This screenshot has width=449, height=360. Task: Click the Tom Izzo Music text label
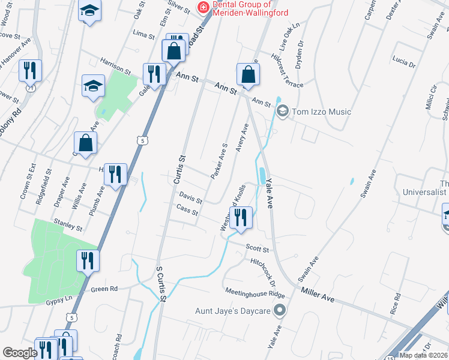click(x=321, y=112)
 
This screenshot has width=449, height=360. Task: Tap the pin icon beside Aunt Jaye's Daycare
click(x=279, y=310)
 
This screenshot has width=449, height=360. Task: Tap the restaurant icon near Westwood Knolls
click(x=241, y=218)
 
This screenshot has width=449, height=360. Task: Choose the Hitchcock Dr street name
click(x=263, y=271)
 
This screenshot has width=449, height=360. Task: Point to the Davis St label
click(x=190, y=197)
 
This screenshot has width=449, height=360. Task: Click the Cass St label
click(x=187, y=210)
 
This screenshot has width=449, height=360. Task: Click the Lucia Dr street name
click(x=403, y=61)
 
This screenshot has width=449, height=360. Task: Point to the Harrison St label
click(x=115, y=67)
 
